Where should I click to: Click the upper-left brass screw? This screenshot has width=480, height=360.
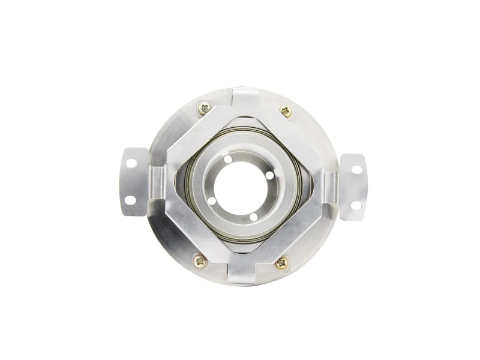click(x=205, y=108)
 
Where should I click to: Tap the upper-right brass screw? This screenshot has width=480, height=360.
click(x=286, y=110)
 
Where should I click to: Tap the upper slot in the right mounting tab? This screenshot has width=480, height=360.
click(x=356, y=170)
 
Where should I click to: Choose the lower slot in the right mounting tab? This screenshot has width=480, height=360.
click(x=355, y=205)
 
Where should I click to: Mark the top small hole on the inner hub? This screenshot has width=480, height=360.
click(x=229, y=160)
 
